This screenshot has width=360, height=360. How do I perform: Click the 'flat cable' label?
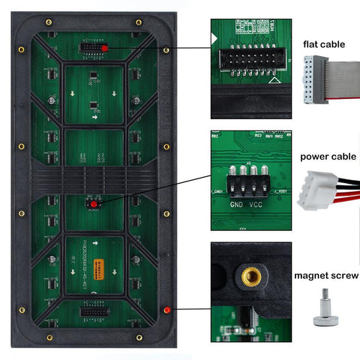pyautogui.click(x=324, y=44)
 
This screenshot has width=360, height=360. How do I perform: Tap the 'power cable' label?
pyautogui.click(x=327, y=157)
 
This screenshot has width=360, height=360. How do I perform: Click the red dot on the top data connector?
pyautogui.click(x=104, y=48)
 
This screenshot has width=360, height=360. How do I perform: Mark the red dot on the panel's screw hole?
pyautogui.click(x=166, y=310)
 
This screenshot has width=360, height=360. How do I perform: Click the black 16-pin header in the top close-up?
pyautogui.click(x=247, y=58)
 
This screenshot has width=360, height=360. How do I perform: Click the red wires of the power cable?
pyautogui.click(x=346, y=197)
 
